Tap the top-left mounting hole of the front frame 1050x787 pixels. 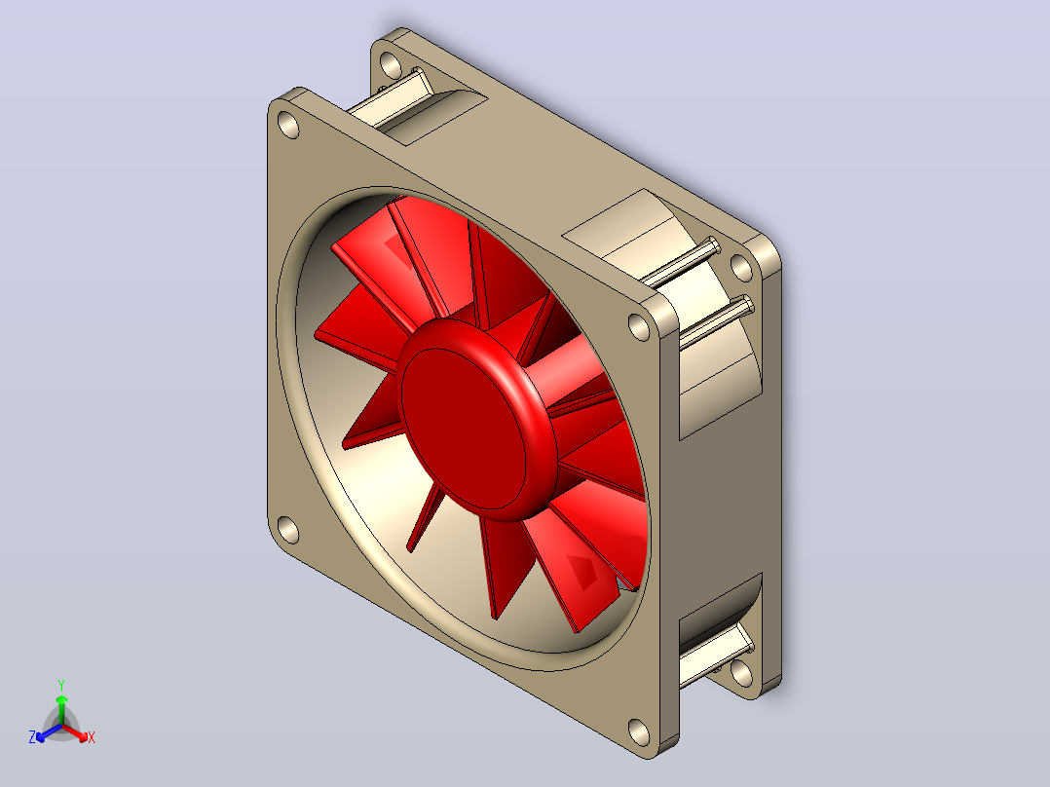point(288,125)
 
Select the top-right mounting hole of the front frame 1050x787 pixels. point(640,327)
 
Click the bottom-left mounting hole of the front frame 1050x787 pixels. point(288,530)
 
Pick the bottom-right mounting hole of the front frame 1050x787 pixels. point(640,732)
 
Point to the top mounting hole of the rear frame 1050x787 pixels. point(392,64)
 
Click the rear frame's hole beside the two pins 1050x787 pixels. point(741,267)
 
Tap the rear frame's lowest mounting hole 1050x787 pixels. point(741,673)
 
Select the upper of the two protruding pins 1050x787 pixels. point(684,262)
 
